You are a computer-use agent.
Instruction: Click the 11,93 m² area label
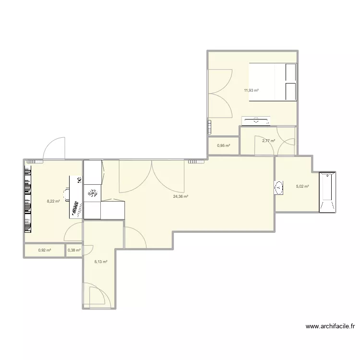pos(251,90)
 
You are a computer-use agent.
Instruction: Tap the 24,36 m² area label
pos(180,196)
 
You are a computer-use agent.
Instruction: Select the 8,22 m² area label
pos(53,201)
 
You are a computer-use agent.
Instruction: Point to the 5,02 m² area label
pos(302,187)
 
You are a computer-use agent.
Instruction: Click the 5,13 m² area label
pos(101,262)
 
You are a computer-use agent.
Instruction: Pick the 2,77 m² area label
pos(268,141)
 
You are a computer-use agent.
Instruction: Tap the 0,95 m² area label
pos(224,146)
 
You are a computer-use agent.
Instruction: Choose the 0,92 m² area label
pos(45,250)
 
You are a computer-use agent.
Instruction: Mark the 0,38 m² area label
pos(74,250)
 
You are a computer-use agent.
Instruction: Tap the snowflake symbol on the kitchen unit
pos(92,193)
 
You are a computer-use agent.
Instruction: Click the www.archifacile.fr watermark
pos(330,327)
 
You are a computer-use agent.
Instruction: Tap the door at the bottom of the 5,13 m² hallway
pos(95,294)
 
